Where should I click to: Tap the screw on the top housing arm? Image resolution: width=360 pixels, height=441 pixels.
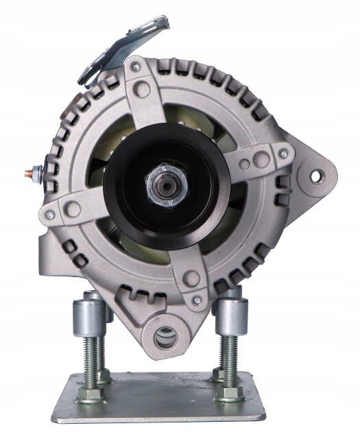[136, 67]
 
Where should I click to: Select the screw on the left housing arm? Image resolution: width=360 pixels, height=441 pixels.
[49, 215]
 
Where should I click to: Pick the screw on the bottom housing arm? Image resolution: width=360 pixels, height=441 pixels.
[197, 300]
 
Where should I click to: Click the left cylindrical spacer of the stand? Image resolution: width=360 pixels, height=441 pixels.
[88, 313]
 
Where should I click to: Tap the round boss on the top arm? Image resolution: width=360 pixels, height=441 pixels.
[143, 88]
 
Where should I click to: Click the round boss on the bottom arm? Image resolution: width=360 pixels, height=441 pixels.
[191, 278]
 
